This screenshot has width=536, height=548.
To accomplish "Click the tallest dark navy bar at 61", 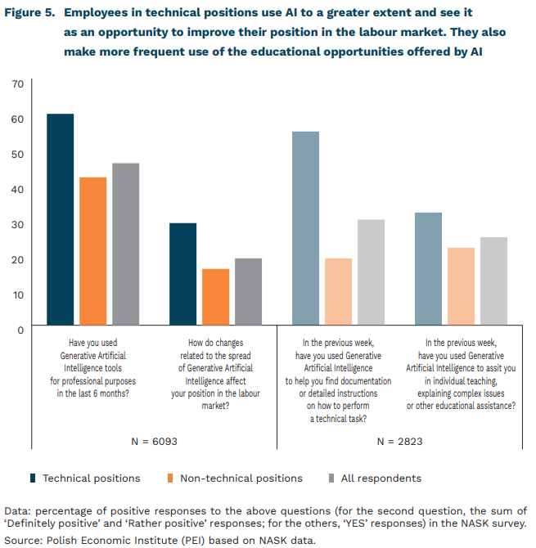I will point(60,221).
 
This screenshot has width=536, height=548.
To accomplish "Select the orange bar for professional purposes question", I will point(92,253).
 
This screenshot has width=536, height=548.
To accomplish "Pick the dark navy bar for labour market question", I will point(182,276).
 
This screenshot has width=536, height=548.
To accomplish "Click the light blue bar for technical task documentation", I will point(305,230).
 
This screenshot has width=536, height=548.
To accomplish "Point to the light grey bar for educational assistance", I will point(493,282).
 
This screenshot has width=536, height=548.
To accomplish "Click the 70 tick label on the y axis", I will point(18,84).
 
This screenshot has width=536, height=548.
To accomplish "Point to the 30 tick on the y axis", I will point(18,224).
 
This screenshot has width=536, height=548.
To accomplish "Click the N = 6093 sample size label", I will point(154,442).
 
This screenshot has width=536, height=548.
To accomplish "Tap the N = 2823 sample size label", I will point(399,442).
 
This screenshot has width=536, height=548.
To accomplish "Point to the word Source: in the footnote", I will point(25,540).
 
